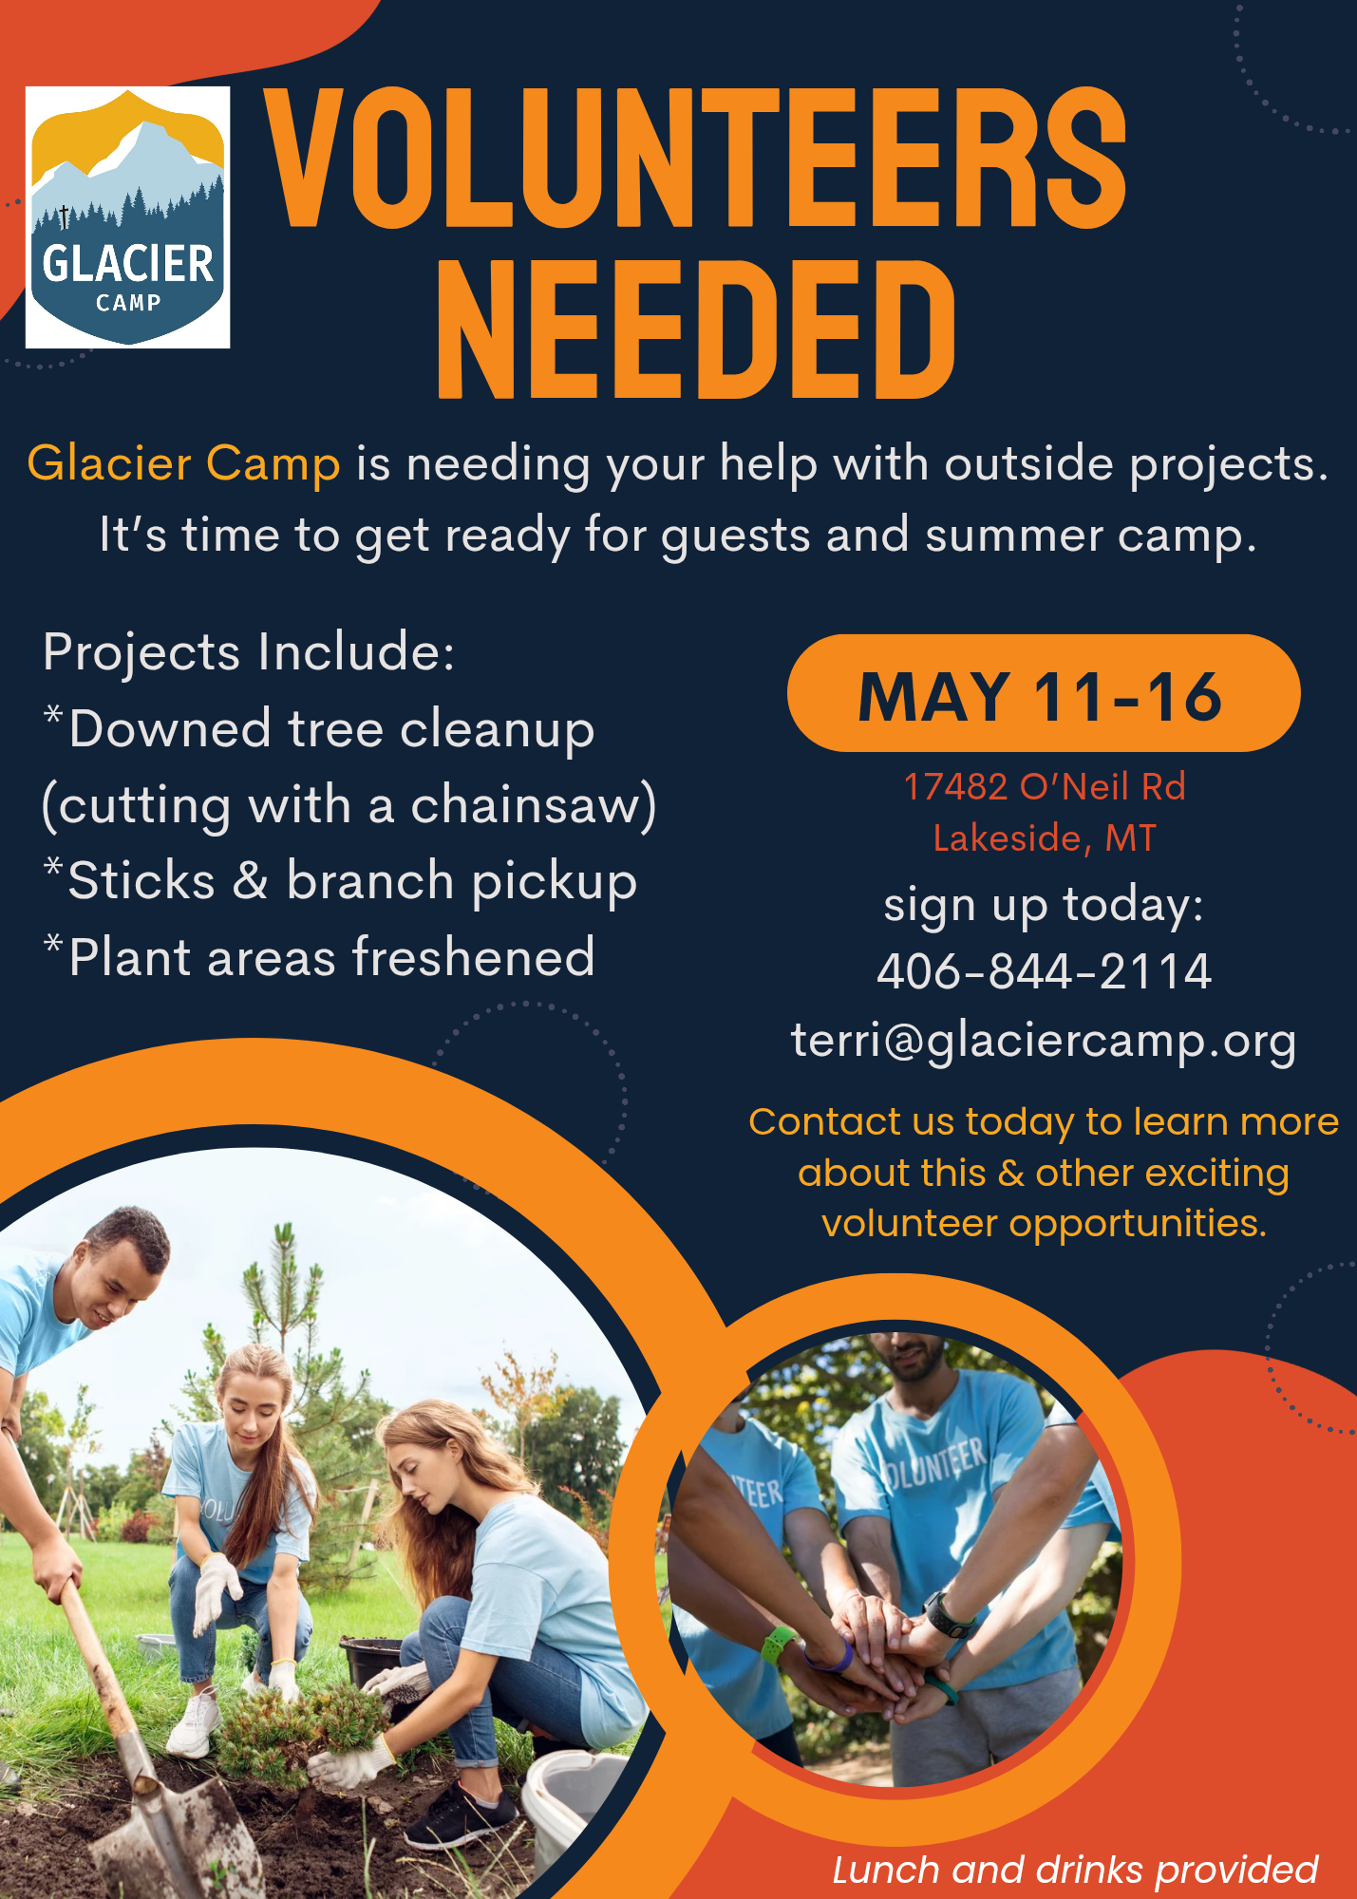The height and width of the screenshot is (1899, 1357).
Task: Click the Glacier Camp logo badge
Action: click(x=128, y=217)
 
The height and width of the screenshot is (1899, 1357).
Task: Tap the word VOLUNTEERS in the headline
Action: click(x=696, y=158)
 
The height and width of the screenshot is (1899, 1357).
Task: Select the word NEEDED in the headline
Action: click(x=696, y=329)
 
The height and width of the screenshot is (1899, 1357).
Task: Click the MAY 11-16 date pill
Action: click(x=1044, y=693)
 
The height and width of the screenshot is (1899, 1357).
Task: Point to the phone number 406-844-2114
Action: click(x=1044, y=971)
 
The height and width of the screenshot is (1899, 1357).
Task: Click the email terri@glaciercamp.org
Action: click(x=1044, y=1041)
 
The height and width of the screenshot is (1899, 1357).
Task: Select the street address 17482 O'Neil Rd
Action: click(x=1045, y=786)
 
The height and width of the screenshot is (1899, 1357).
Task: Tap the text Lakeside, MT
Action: click(x=1045, y=837)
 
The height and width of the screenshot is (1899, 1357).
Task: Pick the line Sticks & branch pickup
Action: click(x=342, y=881)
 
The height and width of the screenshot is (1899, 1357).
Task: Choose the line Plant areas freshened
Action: click(x=320, y=956)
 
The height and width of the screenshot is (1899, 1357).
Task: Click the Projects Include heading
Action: click(x=249, y=652)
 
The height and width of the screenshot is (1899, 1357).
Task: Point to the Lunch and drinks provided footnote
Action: click(x=1075, y=1870)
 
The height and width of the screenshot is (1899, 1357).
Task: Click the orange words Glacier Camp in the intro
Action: click(x=183, y=463)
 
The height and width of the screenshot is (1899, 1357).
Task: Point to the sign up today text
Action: click(x=1044, y=905)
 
